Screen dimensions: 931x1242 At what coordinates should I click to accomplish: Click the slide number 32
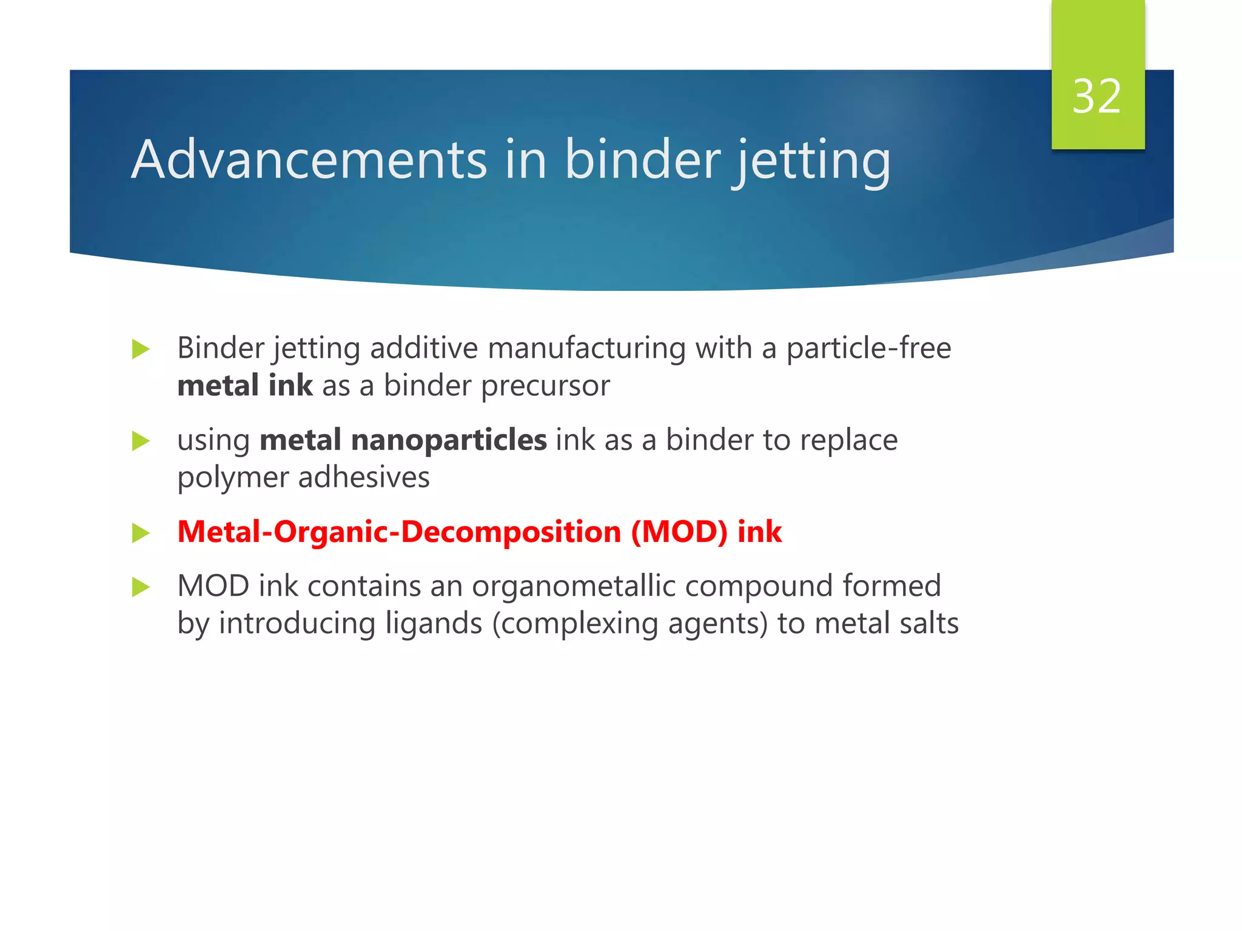point(1096,96)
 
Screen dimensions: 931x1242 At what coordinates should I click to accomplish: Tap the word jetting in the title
point(812,161)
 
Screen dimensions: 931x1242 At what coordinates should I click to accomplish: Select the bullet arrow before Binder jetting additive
point(141,349)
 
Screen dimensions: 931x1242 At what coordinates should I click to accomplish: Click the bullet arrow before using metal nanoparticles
point(141,441)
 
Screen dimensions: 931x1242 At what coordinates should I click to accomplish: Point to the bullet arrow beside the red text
point(141,533)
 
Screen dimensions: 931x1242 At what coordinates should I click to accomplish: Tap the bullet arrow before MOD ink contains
point(141,587)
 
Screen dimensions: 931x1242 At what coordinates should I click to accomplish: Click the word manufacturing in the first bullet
point(586,349)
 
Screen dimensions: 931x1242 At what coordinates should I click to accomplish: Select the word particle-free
point(868,349)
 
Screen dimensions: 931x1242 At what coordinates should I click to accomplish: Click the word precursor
point(545,386)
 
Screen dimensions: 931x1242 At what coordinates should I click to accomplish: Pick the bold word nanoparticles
point(449,440)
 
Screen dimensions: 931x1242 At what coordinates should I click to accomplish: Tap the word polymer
point(233,478)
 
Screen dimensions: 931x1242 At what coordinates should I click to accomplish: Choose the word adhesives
point(364,477)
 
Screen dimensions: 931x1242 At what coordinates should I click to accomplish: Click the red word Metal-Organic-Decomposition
point(399,532)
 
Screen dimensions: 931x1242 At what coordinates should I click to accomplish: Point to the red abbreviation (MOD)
point(679,532)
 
